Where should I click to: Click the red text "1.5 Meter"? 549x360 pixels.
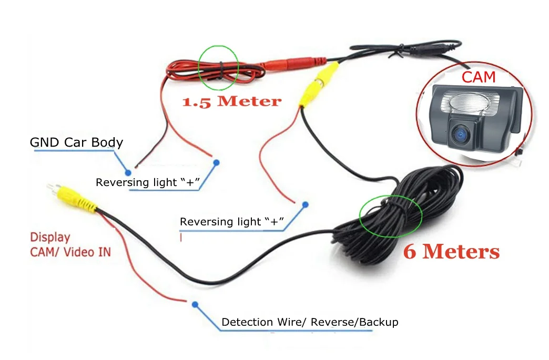click(231, 101)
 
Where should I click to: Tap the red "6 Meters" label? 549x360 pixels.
click(451, 252)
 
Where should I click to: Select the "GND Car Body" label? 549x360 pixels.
click(76, 142)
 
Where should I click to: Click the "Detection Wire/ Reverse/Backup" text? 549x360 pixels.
click(310, 322)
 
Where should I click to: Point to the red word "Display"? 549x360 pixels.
click(50, 238)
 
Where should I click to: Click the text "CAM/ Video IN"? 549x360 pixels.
click(70, 252)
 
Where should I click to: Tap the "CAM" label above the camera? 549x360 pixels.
click(479, 77)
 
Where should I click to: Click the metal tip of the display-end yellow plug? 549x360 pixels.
click(52, 188)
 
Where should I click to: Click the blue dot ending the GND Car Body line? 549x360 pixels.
click(127, 172)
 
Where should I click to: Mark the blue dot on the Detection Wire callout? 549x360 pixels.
click(195, 304)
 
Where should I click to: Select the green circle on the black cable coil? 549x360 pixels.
click(391, 216)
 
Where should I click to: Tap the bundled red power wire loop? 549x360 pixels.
click(210, 71)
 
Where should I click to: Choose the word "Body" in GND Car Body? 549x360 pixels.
click(107, 142)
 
